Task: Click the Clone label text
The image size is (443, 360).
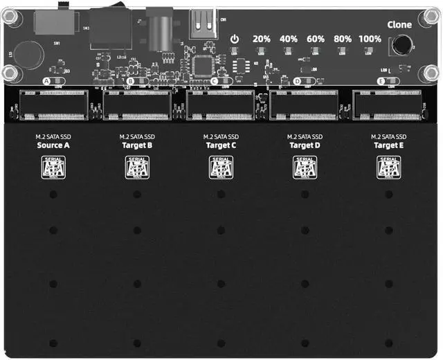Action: pos(399,25)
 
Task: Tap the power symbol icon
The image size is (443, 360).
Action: pos(235,39)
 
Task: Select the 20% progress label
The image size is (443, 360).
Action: pos(261,39)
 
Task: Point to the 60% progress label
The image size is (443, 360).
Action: pos(316,39)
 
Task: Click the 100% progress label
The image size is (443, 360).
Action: pos(371,39)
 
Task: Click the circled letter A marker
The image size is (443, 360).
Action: pos(46,81)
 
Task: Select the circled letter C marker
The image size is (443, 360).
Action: pos(214,81)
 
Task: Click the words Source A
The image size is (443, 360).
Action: pos(53,145)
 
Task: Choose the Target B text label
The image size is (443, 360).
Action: pos(137,145)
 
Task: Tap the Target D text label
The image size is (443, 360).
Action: pos(305,145)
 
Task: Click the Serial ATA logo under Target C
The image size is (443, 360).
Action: pos(221,168)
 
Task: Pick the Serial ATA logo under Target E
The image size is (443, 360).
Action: pos(388,168)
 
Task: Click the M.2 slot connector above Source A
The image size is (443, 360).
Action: pos(53,104)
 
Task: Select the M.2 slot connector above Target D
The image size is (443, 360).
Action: pos(305,104)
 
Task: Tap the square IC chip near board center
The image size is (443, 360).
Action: pos(204,64)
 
